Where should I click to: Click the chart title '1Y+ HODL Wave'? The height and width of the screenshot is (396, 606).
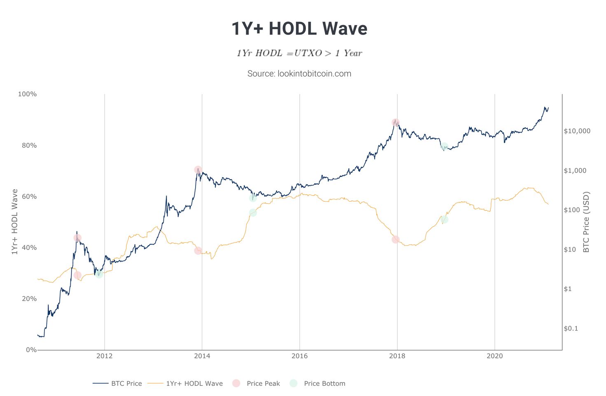click(299, 29)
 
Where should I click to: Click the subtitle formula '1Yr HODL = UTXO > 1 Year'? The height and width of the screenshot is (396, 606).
click(299, 53)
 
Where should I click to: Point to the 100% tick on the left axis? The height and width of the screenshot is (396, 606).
click(27, 94)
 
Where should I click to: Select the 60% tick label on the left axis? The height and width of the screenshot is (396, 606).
click(29, 196)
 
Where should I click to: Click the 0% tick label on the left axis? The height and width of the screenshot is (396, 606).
click(31, 349)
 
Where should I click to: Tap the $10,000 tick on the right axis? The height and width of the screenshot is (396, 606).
click(577, 131)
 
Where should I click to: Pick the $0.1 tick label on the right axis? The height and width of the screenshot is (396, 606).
click(571, 328)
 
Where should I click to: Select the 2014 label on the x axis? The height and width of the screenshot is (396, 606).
click(202, 356)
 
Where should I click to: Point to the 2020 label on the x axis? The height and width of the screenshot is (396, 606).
click(494, 356)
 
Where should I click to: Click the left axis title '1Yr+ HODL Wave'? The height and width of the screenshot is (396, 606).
click(15, 222)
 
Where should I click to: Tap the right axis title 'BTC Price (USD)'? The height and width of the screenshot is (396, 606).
click(586, 222)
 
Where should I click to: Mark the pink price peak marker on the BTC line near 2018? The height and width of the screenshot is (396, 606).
click(396, 122)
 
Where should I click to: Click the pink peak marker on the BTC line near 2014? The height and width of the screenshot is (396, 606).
click(198, 170)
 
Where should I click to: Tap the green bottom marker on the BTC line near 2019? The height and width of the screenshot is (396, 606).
click(444, 146)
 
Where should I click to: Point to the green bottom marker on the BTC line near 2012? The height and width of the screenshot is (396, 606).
click(99, 273)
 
